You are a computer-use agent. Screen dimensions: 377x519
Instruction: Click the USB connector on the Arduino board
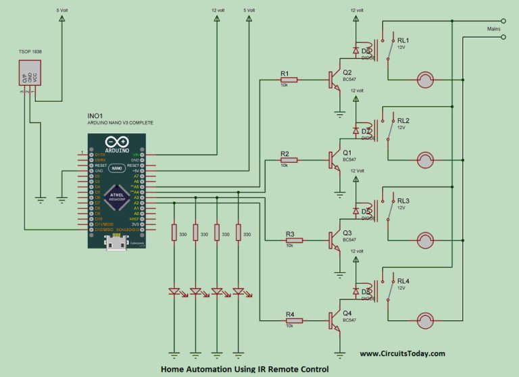pyautogui.click(x=116, y=245)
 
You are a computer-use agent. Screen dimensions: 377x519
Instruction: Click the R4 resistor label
pyautogui.click(x=290, y=314)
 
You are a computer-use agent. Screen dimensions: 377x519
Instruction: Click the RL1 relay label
pyautogui.click(x=403, y=40)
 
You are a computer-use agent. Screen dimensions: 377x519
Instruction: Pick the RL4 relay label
pyautogui.click(x=403, y=280)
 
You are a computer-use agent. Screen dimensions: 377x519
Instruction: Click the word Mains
pyautogui.click(x=493, y=29)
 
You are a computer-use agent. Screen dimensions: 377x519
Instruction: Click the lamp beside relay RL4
pyautogui.click(x=425, y=321)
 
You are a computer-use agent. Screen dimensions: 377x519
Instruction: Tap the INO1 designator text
pyautogui.click(x=95, y=116)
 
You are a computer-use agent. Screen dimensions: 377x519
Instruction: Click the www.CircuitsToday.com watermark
pyautogui.click(x=402, y=353)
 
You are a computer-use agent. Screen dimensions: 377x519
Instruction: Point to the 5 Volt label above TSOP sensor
pyautogui.click(x=61, y=10)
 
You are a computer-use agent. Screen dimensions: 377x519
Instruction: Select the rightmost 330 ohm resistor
pyautogui.click(x=239, y=233)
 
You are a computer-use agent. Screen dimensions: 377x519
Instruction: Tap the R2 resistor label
pyautogui.click(x=285, y=153)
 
